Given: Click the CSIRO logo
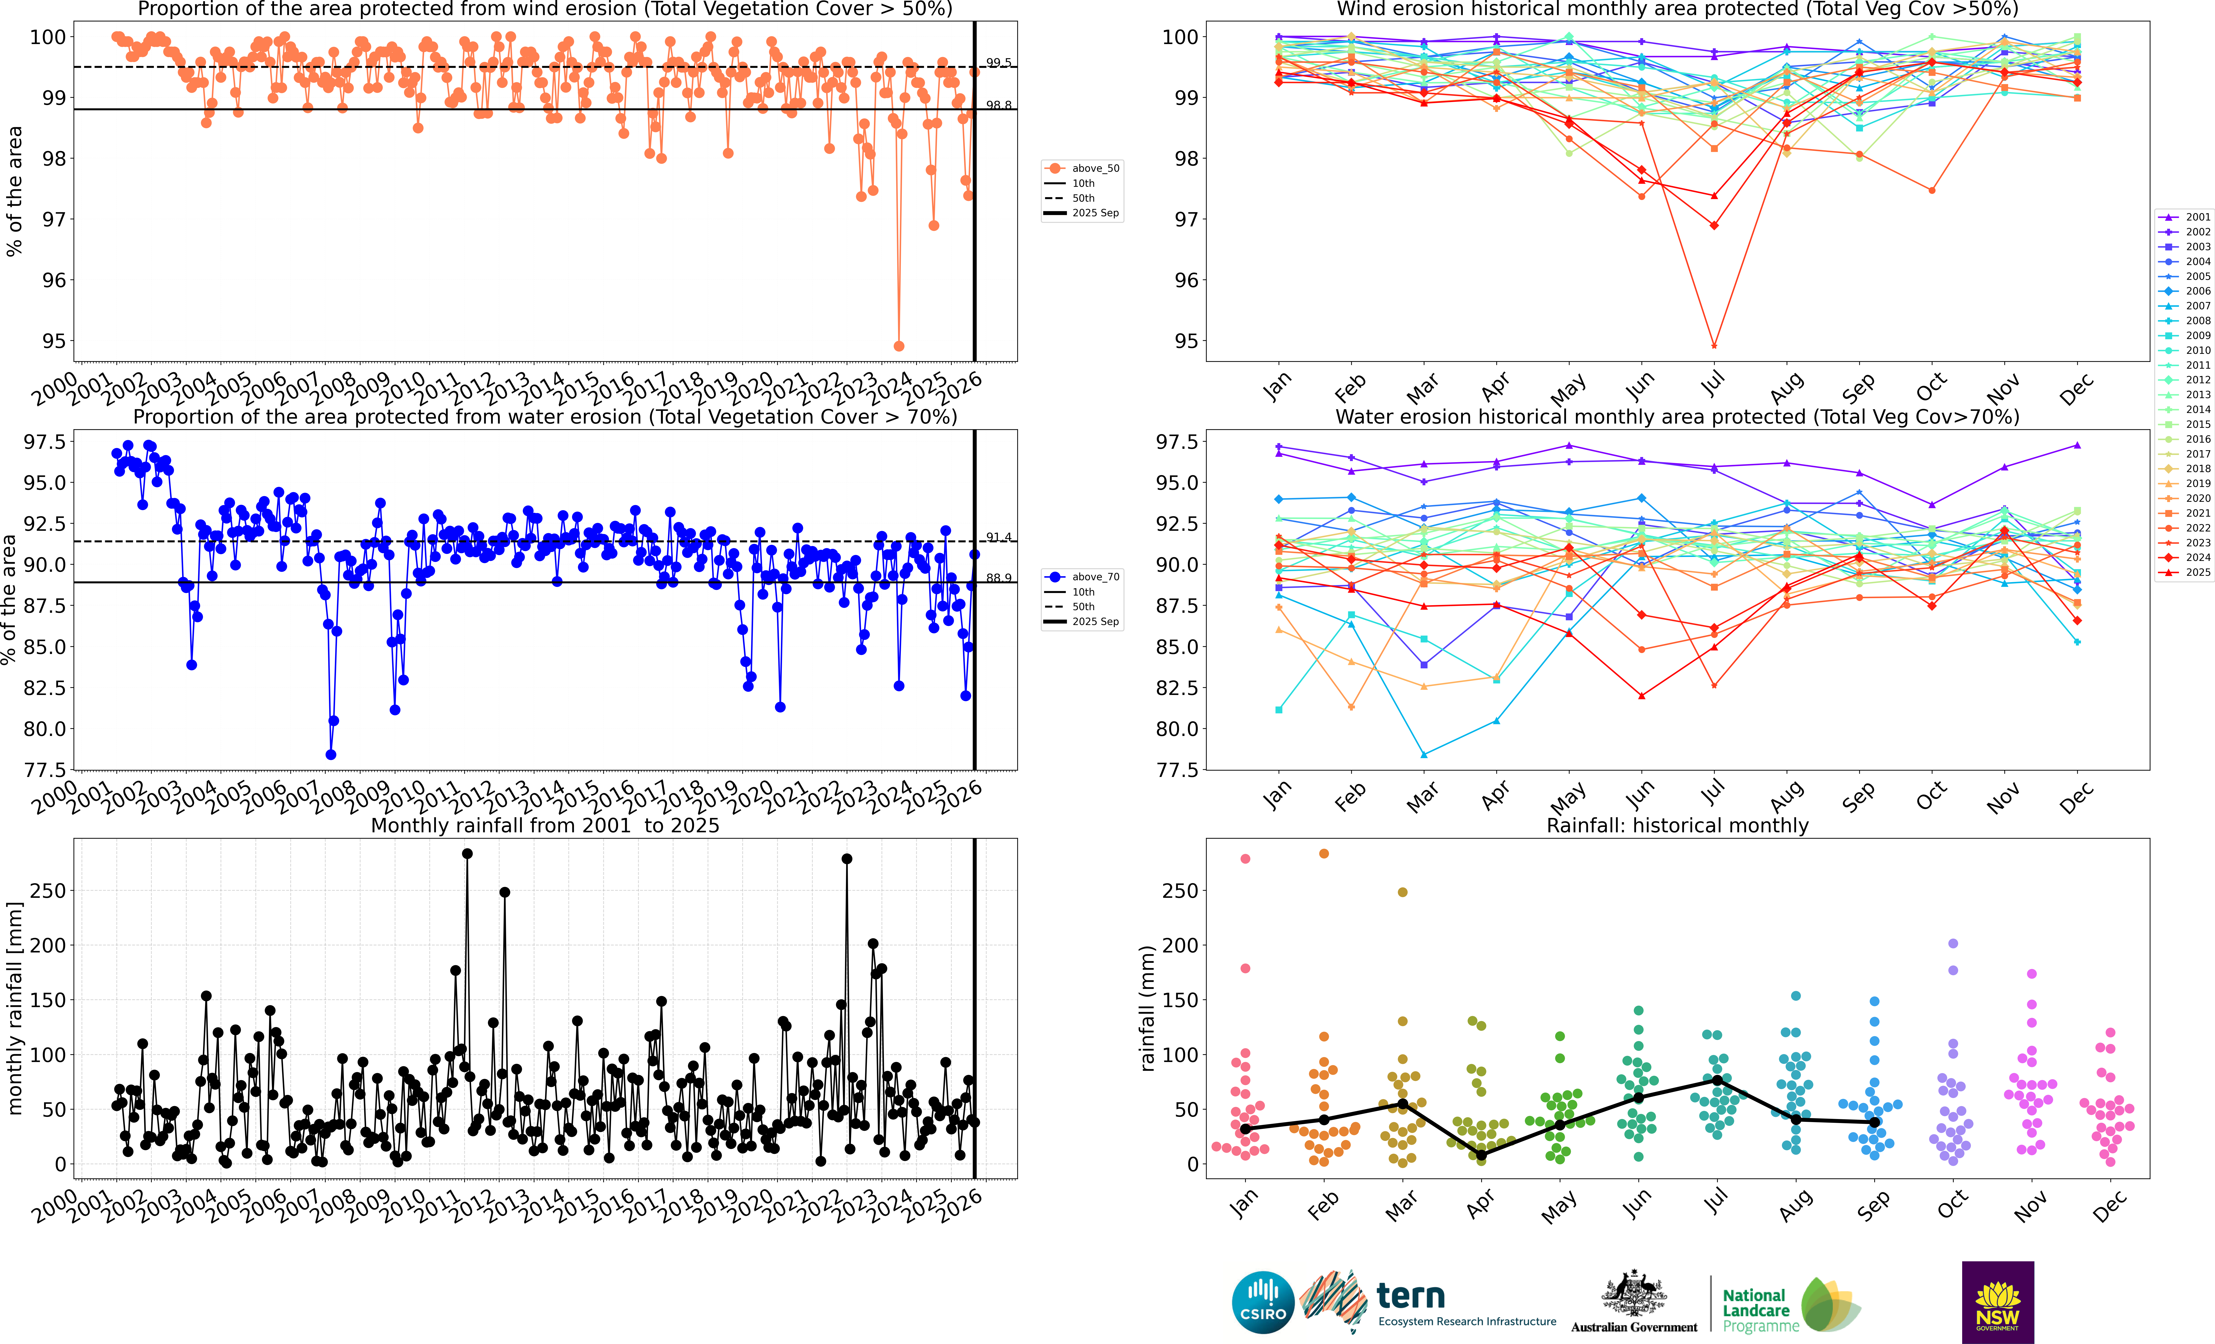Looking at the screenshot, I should click(1263, 1302).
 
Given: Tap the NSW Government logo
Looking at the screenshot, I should click(1998, 1302).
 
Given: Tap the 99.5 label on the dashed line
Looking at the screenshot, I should click(998, 63).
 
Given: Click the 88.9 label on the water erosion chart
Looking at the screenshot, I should click(998, 578).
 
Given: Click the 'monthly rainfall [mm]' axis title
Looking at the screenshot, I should click(14, 1009).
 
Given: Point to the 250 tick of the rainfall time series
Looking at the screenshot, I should click(48, 891).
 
